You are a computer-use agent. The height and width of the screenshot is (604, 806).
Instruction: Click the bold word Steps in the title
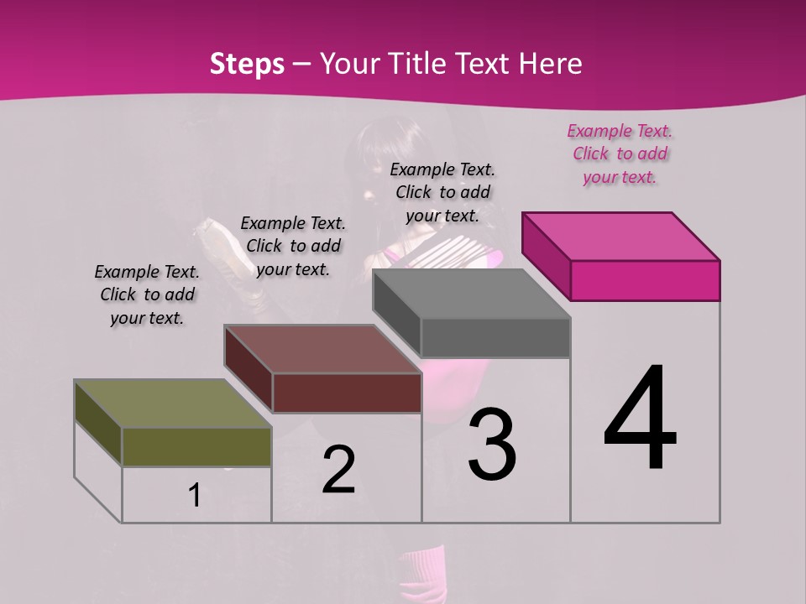coord(247,65)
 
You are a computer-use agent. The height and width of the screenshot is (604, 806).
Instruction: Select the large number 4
coord(640,419)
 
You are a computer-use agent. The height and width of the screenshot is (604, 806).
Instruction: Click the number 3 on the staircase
coord(492,445)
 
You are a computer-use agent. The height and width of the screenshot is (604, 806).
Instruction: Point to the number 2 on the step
coord(339,470)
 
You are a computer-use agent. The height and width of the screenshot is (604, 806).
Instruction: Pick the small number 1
coord(195,496)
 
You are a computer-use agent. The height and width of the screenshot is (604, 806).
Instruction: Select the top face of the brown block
coord(323,349)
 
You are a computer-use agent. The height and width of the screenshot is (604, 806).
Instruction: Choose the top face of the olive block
coord(173,404)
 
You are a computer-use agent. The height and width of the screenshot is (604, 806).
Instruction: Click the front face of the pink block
coord(645,280)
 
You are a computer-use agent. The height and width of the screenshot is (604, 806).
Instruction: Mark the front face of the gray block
coord(495,337)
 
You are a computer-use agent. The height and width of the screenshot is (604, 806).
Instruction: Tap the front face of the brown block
coord(347,393)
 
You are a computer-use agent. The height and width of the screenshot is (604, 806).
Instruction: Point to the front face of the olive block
coord(196,446)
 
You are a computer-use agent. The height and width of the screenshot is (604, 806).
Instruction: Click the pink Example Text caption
coord(620,154)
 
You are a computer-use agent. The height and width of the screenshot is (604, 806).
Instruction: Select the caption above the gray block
coord(442,192)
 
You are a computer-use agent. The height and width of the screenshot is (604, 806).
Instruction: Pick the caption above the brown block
coord(293,246)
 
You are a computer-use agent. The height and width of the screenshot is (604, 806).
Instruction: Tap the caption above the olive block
coord(147,294)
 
